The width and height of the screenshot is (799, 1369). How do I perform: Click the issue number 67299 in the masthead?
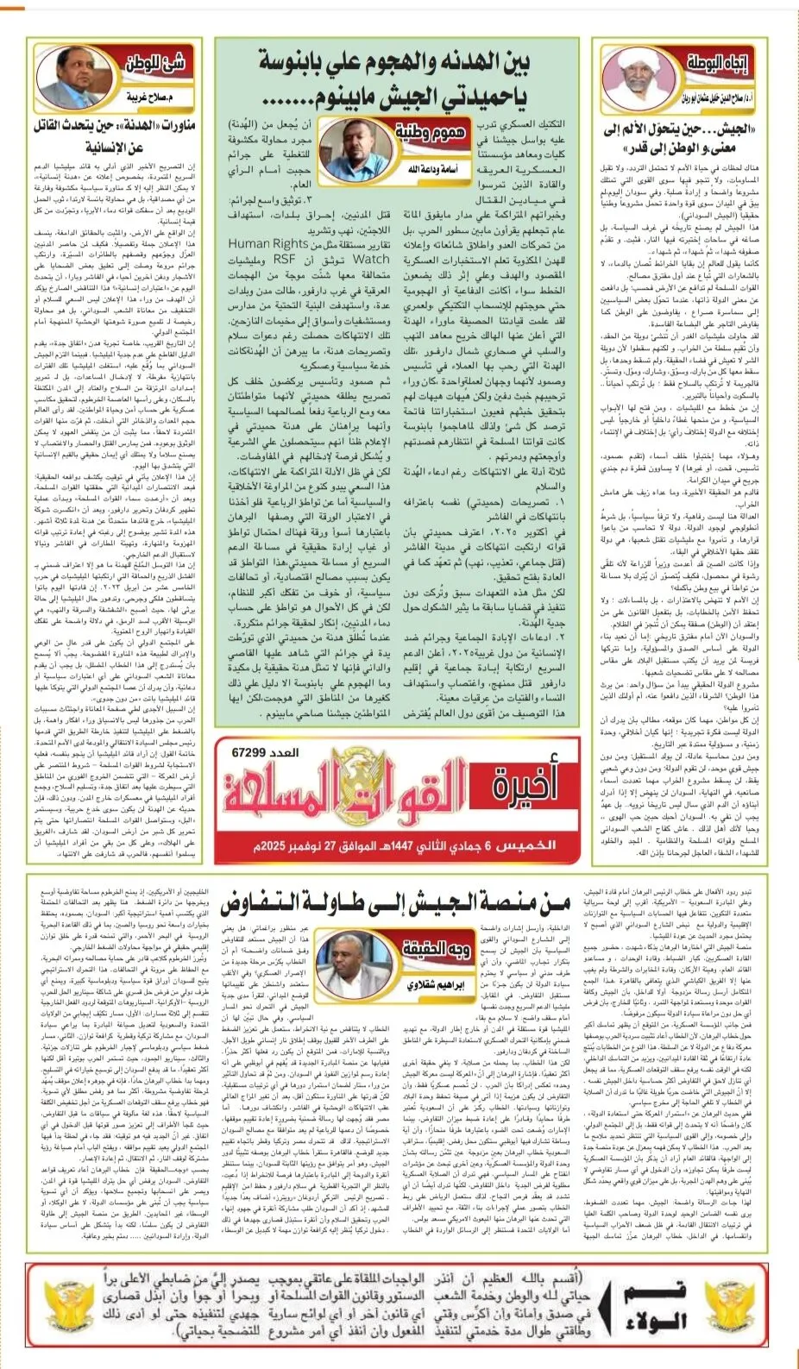pos(253,753)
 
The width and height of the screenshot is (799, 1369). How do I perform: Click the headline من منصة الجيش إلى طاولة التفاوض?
pos(395,904)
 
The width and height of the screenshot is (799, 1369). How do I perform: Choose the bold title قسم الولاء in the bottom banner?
pos(657,1304)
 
